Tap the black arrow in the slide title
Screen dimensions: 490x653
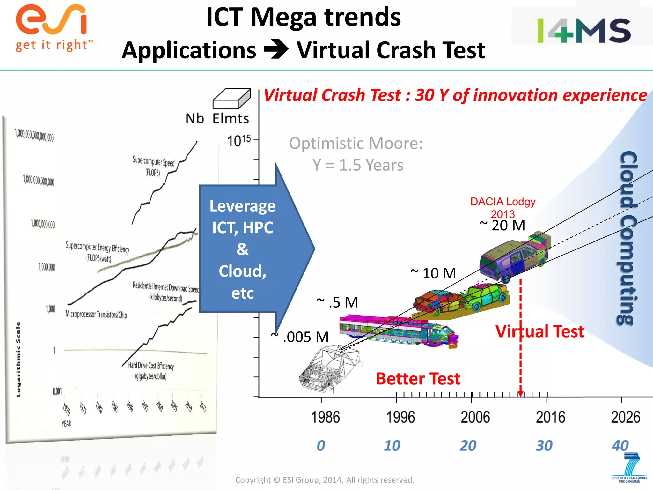(276, 49)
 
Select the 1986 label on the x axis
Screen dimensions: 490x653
(325, 417)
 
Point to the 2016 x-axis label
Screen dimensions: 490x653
(550, 417)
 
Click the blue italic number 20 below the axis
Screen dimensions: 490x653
(468, 446)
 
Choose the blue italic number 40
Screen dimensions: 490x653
(620, 446)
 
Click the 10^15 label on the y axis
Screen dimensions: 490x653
(239, 140)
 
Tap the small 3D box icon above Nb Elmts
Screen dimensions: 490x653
(231, 99)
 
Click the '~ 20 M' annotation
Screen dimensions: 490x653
(503, 225)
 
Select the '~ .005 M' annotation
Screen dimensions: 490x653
(300, 337)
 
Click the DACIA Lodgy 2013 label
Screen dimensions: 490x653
(503, 207)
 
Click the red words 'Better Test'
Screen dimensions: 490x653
(418, 379)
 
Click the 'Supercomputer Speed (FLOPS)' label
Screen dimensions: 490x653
(153, 166)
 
